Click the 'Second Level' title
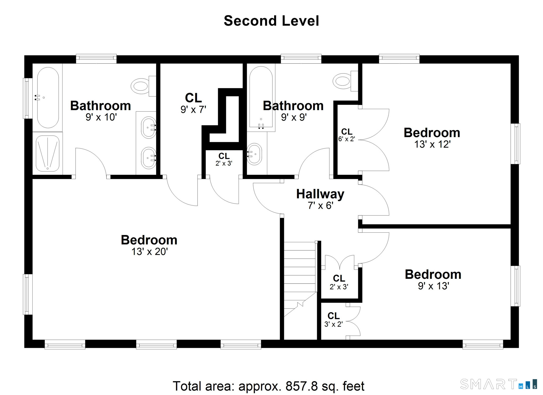click(x=271, y=21)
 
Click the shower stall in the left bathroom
click(x=47, y=154)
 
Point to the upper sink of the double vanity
click(x=148, y=127)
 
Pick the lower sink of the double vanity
click(x=148, y=158)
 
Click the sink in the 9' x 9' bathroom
click(x=254, y=154)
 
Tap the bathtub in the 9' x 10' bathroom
click(x=48, y=98)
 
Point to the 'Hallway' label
click(x=320, y=194)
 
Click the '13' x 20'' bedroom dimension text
click(x=150, y=251)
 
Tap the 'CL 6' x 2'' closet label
click(x=347, y=135)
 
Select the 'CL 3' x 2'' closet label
click(x=334, y=319)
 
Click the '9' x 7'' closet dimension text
click(x=193, y=109)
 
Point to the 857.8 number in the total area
click(x=301, y=386)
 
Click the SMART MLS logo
click(x=499, y=384)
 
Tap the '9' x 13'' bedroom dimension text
click(x=433, y=286)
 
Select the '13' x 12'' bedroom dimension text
click(x=432, y=144)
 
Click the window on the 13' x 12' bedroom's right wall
click(x=515, y=144)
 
